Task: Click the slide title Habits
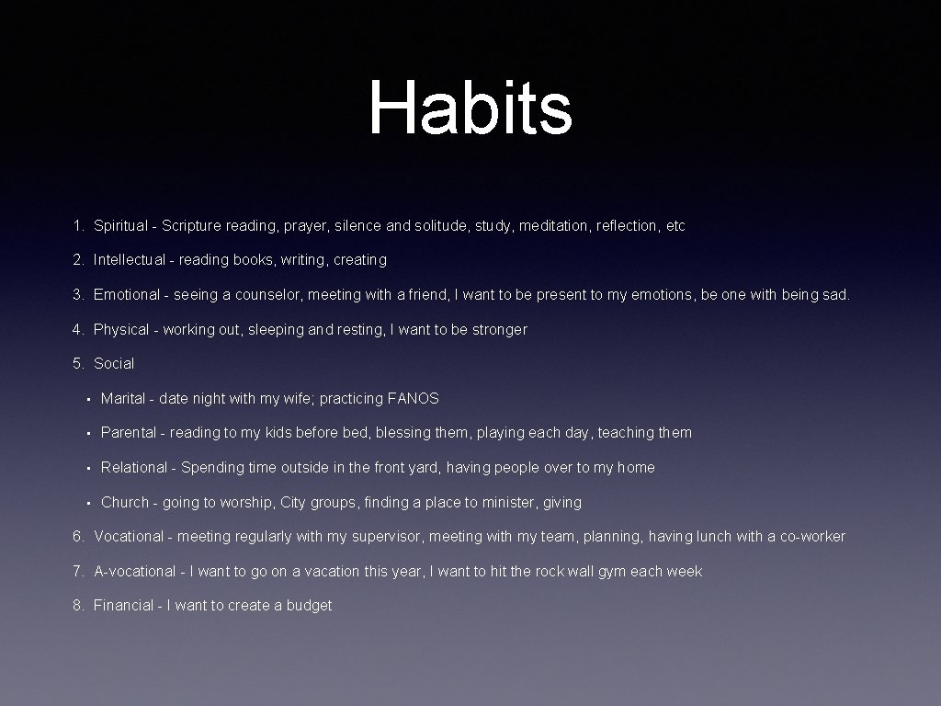pyautogui.click(x=470, y=108)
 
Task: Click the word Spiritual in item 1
pyautogui.click(x=122, y=225)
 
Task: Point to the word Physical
pyautogui.click(x=121, y=329)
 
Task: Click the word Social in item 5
pyautogui.click(x=114, y=363)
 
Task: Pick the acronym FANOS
pyautogui.click(x=414, y=398)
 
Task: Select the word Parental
pyautogui.click(x=129, y=432)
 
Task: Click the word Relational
pyautogui.click(x=134, y=467)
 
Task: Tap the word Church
pyautogui.click(x=125, y=502)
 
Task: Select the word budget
pyautogui.click(x=309, y=605)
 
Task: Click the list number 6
pyautogui.click(x=78, y=536)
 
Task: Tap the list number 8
pyautogui.click(x=78, y=605)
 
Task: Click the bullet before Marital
pyautogui.click(x=85, y=399)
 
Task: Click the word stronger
pyautogui.click(x=499, y=329)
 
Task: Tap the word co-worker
pyautogui.click(x=812, y=536)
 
